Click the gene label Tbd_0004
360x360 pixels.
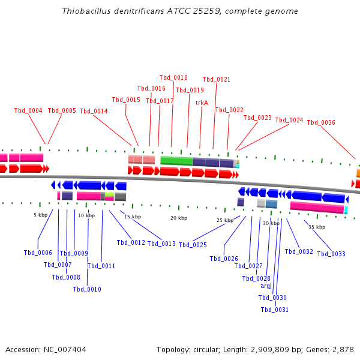pos(28,110)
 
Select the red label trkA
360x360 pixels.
pos(202,103)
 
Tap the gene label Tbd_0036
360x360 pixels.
pos(321,122)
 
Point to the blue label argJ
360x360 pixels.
pos(266,286)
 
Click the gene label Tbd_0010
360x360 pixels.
pos(87,289)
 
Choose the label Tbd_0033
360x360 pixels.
pos(331,254)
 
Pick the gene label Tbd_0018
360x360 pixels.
pos(173,77)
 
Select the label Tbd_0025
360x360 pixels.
pos(193,245)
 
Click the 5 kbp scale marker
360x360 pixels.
pos(40,215)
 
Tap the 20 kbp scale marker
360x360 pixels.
pos(179,218)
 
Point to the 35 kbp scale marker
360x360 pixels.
pos(317,227)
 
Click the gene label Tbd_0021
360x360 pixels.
pos(217,79)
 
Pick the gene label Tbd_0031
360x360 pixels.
pos(274,310)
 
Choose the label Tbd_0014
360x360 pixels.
pos(94,111)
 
